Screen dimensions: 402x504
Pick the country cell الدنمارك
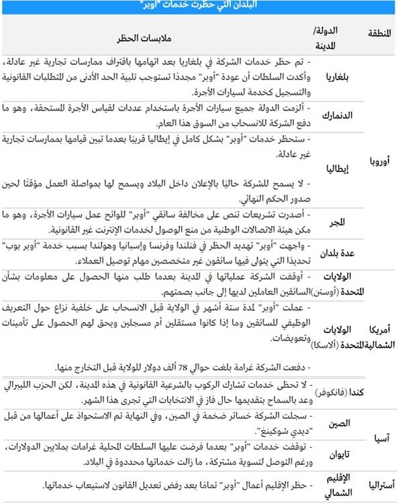click(x=339, y=115)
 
